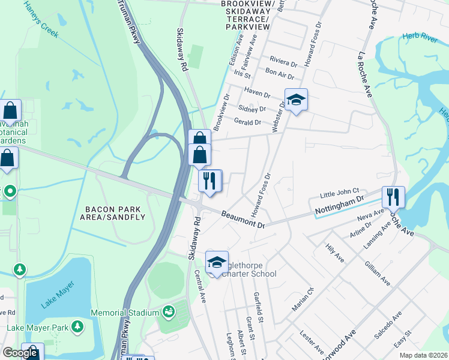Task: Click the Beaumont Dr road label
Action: pyautogui.click(x=243, y=219)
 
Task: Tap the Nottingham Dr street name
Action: pyautogui.click(x=340, y=205)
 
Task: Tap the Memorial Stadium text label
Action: pyautogui.click(x=125, y=313)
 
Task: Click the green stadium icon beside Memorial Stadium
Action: pyautogui.click(x=169, y=312)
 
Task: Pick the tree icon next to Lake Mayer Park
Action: pyautogui.click(x=77, y=326)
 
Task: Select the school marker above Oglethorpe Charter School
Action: pyautogui.click(x=217, y=262)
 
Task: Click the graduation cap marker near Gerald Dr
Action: pyautogui.click(x=295, y=100)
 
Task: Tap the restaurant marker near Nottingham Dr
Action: pyautogui.click(x=393, y=196)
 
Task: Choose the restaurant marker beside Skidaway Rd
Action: pyautogui.click(x=210, y=181)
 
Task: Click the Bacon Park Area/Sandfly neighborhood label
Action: pyautogui.click(x=113, y=213)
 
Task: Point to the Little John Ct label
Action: pyautogui.click(x=339, y=194)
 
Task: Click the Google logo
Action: pyautogui.click(x=20, y=353)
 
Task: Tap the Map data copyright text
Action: pyautogui.click(x=423, y=355)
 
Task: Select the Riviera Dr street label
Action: pyautogui.click(x=283, y=62)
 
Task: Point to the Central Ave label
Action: pyautogui.click(x=200, y=286)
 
